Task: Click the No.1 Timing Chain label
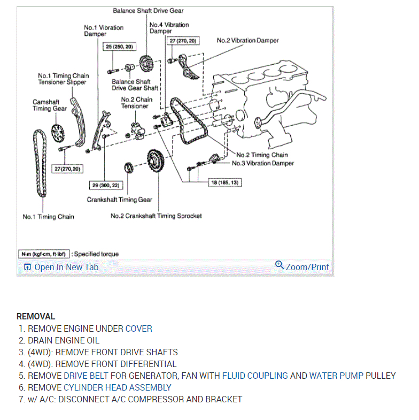(x=48, y=217)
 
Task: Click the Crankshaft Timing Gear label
(x=120, y=200)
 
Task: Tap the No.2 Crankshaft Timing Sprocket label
(x=156, y=216)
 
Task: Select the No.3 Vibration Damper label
(x=262, y=163)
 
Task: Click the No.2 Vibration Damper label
(x=247, y=40)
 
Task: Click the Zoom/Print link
(x=307, y=267)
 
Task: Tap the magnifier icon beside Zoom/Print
(x=279, y=265)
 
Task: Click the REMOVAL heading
(x=36, y=317)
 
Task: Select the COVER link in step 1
(x=138, y=329)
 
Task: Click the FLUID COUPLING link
(x=255, y=376)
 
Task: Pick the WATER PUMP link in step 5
(x=336, y=376)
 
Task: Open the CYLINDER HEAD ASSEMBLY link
(x=118, y=387)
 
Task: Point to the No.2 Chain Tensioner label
(x=136, y=103)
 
